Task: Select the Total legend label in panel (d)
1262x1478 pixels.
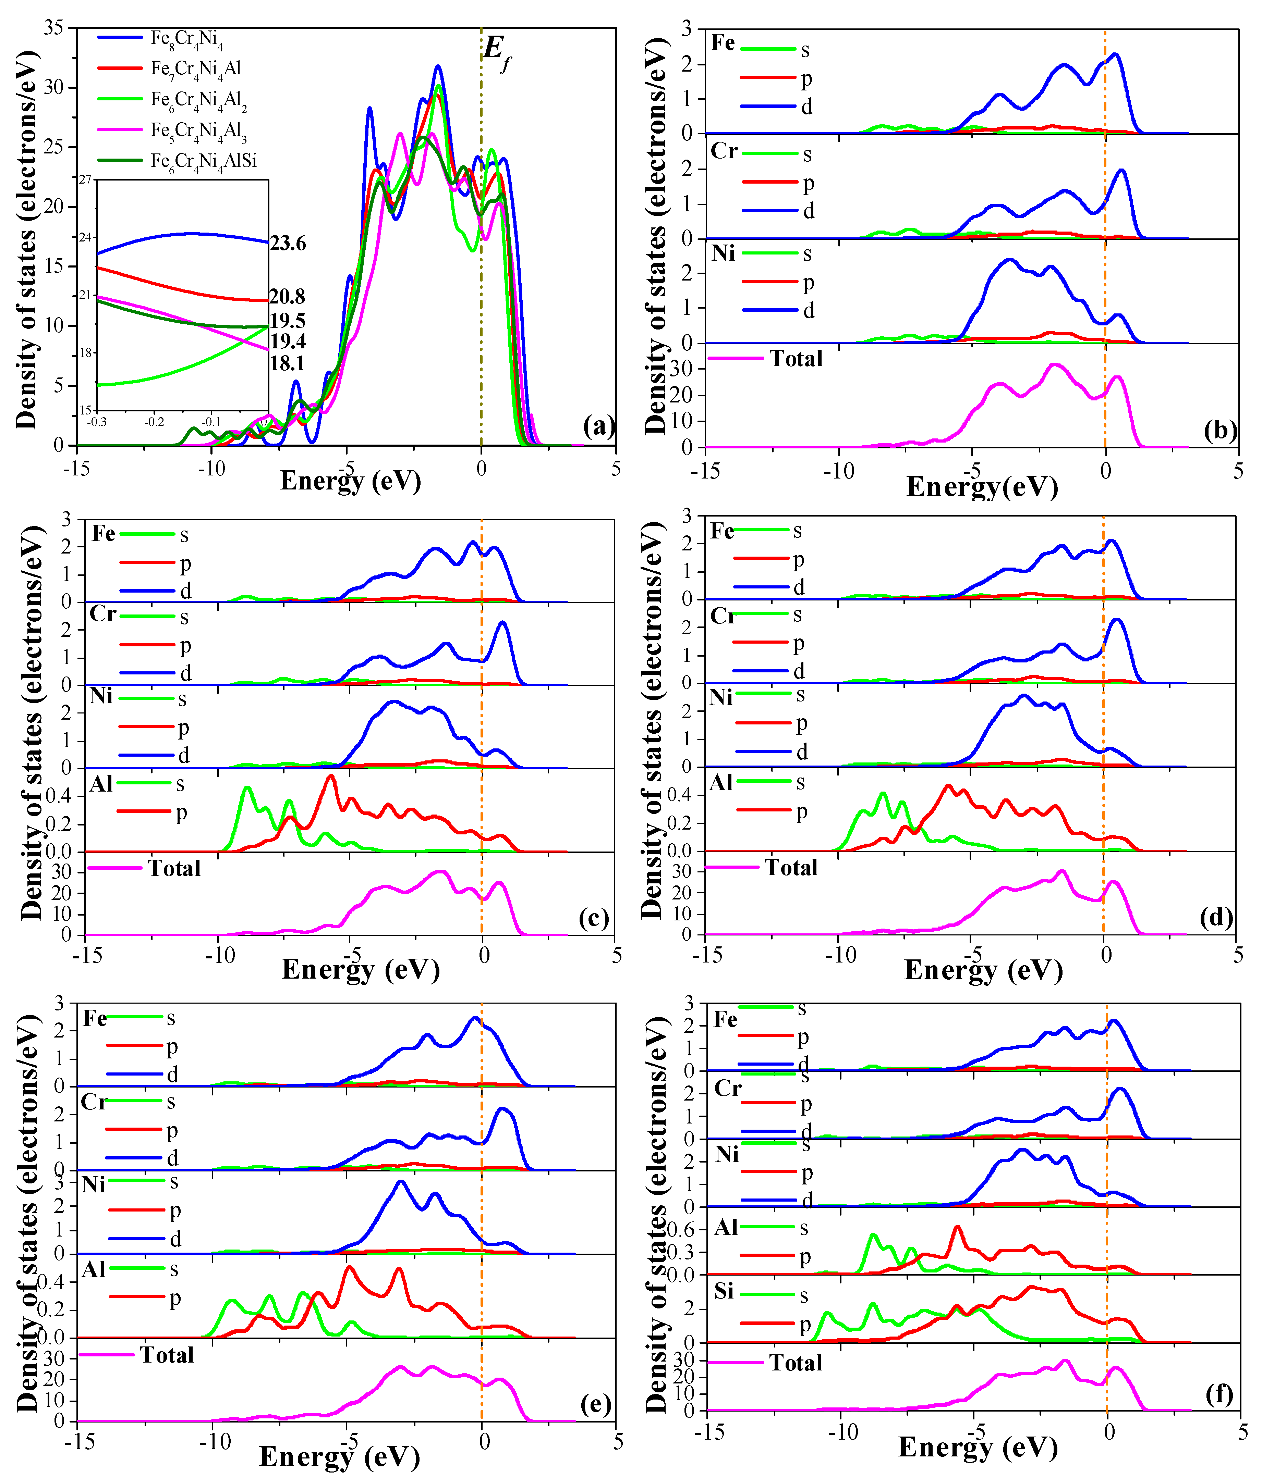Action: [x=791, y=867]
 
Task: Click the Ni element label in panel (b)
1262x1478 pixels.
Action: [x=723, y=253]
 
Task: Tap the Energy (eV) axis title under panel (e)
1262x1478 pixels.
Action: [x=339, y=1455]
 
